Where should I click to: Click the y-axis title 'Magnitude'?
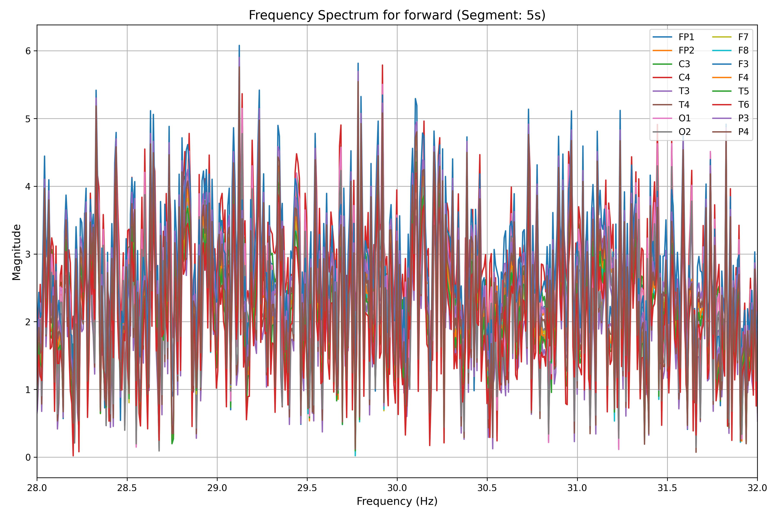[17, 252]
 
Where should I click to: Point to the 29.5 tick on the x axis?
[307, 488]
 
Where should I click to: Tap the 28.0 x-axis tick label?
[37, 488]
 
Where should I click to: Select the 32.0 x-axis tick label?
[757, 488]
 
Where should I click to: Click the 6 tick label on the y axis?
[28, 51]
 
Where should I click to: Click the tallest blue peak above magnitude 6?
[239, 46]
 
